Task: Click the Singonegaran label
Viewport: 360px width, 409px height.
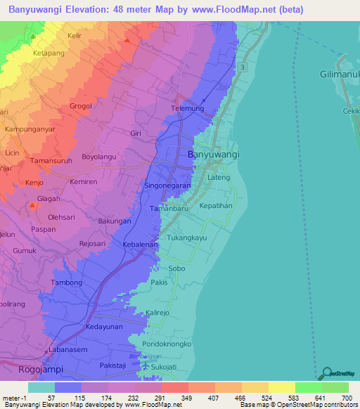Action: coord(167,186)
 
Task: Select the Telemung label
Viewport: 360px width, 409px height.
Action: coord(186,109)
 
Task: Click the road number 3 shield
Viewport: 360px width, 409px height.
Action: coord(242,66)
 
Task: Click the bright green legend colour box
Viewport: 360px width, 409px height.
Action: coord(308,387)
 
